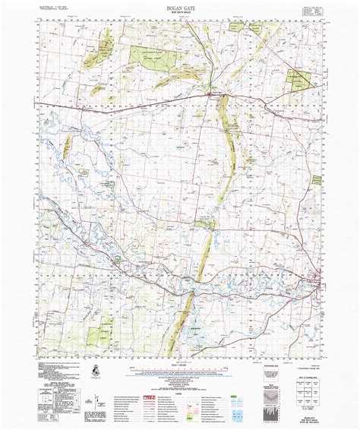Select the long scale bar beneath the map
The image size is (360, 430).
pyautogui.click(x=179, y=373)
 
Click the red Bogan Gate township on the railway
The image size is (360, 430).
pyautogui.click(x=210, y=93)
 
